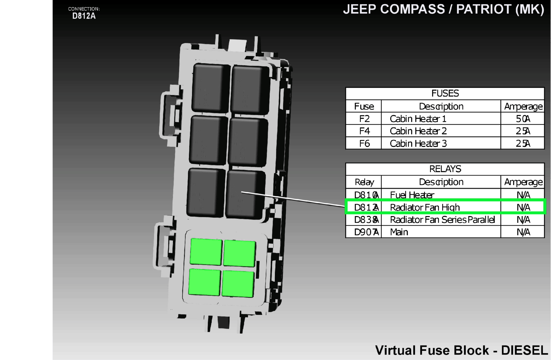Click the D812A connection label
click(84, 16)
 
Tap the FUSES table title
click(445, 93)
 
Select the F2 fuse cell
click(364, 119)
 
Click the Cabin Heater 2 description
click(418, 131)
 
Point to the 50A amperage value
click(523, 119)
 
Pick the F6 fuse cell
click(364, 144)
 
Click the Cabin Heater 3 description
click(418, 144)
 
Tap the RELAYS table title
click(445, 169)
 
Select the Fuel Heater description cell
click(412, 195)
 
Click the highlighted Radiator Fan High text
click(425, 207)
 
